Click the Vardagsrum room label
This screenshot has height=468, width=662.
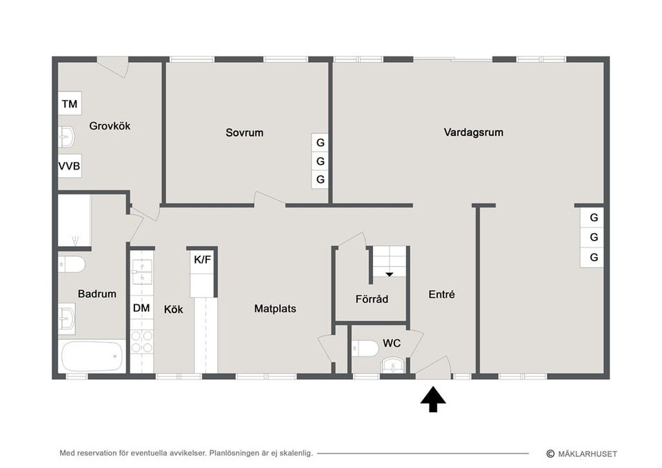click(x=473, y=132)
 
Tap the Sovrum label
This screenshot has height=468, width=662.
click(x=244, y=132)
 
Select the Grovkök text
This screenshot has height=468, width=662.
click(x=110, y=125)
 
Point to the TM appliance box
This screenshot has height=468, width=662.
click(x=70, y=103)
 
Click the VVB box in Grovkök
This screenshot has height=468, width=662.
click(x=70, y=166)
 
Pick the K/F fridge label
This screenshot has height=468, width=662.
click(x=202, y=260)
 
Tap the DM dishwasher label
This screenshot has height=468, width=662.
click(x=141, y=308)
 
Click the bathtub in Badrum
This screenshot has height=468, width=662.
click(x=92, y=356)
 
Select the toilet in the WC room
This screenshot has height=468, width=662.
click(x=365, y=349)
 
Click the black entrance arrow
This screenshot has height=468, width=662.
click(x=433, y=399)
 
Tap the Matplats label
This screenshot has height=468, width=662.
click(x=275, y=309)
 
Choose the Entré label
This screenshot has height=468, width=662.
click(x=441, y=294)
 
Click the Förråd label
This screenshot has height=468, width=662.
click(x=372, y=299)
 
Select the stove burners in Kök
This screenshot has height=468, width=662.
click(x=142, y=342)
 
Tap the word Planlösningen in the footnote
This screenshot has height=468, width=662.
click(x=234, y=454)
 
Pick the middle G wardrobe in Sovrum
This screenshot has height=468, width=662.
click(x=321, y=161)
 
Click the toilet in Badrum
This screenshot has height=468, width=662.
click(x=72, y=265)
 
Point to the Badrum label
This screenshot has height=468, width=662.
click(x=97, y=294)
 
